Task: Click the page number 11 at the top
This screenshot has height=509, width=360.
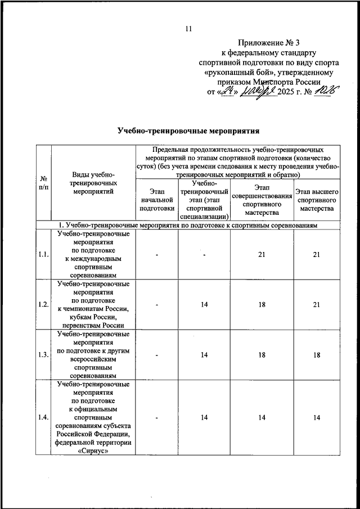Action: (x=189, y=29)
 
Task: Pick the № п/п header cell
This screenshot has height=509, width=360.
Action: (x=43, y=182)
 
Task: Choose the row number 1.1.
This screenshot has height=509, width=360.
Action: (x=43, y=255)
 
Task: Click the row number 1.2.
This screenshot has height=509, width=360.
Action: (x=43, y=304)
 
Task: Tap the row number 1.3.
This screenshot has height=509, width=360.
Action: (x=43, y=354)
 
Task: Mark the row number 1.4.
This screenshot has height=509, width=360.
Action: (x=43, y=417)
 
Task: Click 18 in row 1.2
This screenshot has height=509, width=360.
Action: (x=262, y=304)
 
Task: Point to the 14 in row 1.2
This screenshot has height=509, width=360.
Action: (x=205, y=304)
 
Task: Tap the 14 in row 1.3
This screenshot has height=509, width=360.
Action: (x=205, y=354)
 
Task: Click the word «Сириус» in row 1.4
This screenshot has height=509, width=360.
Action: (x=93, y=451)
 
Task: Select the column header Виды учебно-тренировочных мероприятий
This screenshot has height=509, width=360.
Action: (x=93, y=183)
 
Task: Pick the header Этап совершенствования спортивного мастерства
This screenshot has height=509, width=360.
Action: (x=262, y=200)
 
